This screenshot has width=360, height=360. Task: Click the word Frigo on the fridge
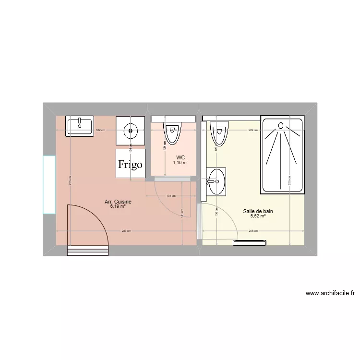[130, 164]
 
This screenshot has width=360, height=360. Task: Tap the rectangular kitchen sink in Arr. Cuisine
[80, 126]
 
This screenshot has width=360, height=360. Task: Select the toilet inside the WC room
[173, 132]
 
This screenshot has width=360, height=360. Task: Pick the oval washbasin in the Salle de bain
[216, 181]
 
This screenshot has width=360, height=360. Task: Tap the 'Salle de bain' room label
[258, 211]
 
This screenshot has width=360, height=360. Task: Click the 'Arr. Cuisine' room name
[118, 202]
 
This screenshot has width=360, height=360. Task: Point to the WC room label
[180, 157]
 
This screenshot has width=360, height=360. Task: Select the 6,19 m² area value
[118, 207]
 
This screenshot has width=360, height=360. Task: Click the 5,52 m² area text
[258, 216]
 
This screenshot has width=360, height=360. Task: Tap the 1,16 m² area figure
[180, 163]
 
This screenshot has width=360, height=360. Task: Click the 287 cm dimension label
[126, 231]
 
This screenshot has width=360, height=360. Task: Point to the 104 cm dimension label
[170, 196]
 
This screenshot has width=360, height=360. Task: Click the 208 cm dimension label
[253, 231]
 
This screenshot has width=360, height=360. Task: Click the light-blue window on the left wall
[49, 184]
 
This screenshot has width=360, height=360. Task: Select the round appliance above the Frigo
[130, 130]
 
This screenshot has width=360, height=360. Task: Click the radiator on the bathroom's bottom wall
[250, 243]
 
